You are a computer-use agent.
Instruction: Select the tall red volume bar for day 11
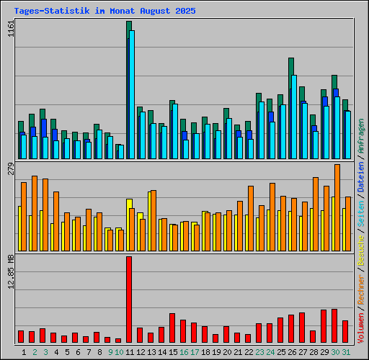(129, 299)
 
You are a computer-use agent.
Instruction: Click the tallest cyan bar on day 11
(132, 94)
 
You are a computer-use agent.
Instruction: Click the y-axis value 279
(9, 169)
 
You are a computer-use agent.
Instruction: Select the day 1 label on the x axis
(25, 352)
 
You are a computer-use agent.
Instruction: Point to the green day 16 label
(184, 352)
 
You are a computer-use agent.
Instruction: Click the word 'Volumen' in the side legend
(360, 324)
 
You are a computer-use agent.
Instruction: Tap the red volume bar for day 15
(172, 328)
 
